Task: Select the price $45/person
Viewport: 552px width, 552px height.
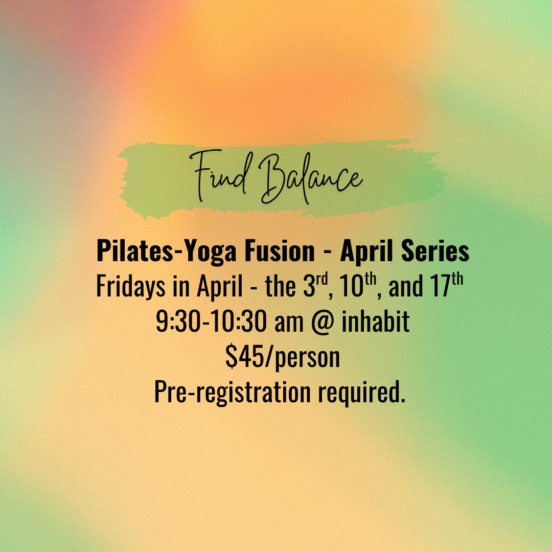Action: tap(283, 358)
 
